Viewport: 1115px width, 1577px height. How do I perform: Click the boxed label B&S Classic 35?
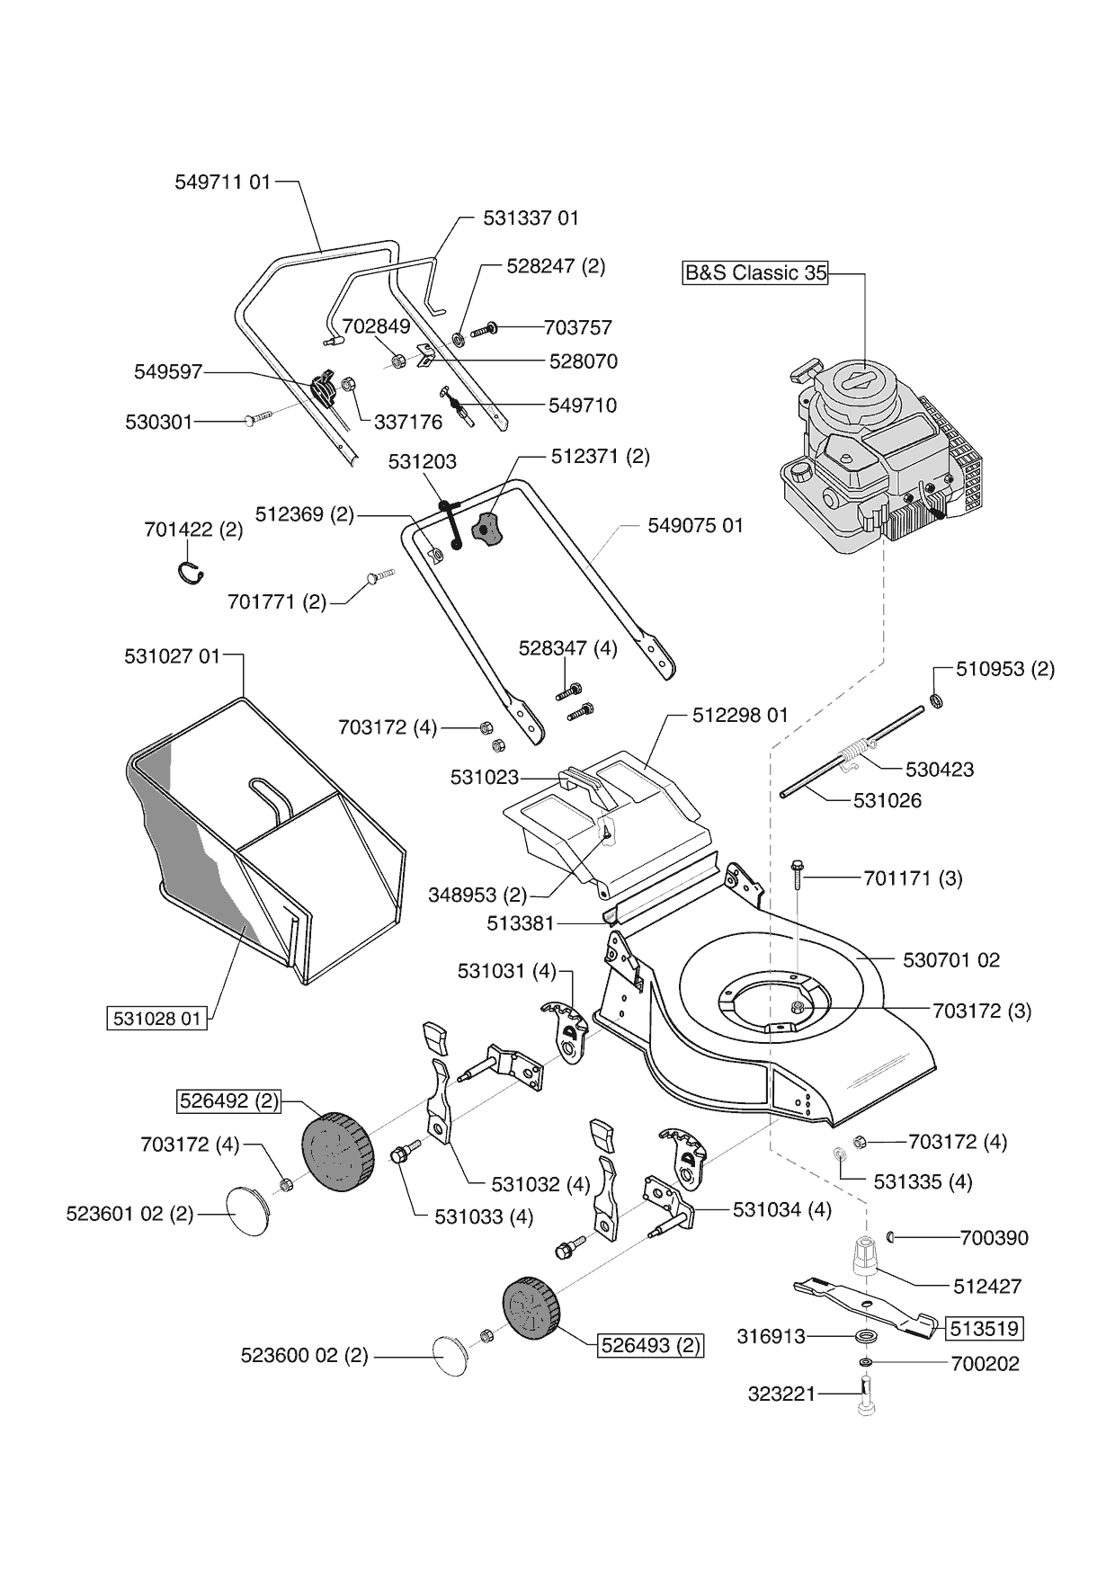[755, 272]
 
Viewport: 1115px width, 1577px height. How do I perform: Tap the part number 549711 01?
[222, 183]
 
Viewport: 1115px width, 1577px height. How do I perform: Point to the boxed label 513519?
[984, 1328]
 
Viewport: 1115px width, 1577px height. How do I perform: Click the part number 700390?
[994, 1238]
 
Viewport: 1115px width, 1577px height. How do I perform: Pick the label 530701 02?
[950, 960]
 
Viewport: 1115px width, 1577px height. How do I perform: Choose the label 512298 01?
[739, 715]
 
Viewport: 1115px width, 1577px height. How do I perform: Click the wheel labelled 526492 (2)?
[334, 1148]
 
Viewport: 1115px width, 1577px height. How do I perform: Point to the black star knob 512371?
[487, 530]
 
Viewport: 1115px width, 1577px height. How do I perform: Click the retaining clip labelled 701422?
[190, 573]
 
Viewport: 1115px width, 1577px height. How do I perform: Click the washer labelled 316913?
[867, 1336]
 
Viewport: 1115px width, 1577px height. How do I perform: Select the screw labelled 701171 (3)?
[798, 874]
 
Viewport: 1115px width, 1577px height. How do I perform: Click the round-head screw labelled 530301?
[257, 418]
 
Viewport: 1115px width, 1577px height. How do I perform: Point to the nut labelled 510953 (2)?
[935, 700]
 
